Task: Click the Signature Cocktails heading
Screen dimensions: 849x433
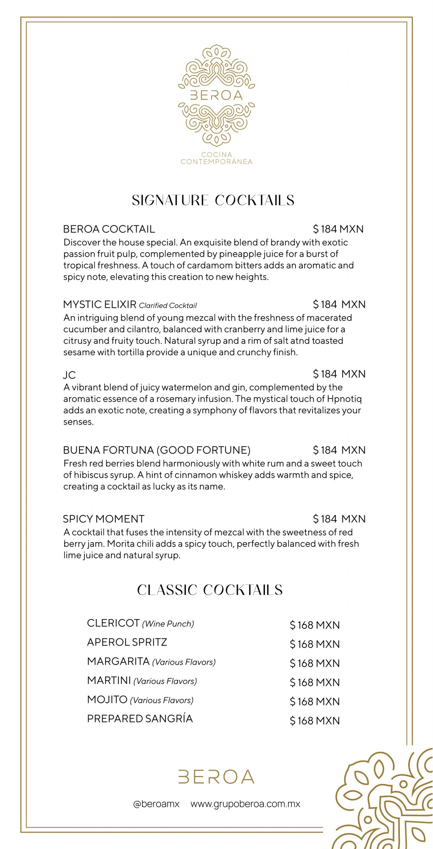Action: [213, 200]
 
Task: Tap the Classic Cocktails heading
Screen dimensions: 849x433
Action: [210, 590]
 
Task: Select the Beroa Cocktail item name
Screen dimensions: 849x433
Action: [109, 229]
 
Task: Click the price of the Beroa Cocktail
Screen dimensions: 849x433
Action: [338, 229]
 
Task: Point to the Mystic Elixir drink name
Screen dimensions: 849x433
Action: [100, 304]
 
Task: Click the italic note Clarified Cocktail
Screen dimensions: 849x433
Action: [168, 305]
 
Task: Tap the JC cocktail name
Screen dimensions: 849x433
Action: [70, 375]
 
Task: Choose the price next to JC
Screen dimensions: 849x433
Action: [339, 374]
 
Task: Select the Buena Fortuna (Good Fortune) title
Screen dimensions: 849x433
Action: [157, 450]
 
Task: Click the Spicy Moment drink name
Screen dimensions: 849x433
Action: [104, 519]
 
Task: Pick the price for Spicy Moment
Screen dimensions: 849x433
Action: [339, 519]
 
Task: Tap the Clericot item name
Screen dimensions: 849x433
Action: [113, 623]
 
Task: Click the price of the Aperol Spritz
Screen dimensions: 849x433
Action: [315, 644]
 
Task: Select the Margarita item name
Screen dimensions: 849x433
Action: [118, 661]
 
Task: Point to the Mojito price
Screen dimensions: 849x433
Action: [315, 701]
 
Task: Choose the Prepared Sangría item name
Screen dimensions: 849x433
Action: [140, 719]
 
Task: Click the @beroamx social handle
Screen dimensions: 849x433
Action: [156, 804]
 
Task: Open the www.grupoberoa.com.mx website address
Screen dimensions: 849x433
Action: [245, 804]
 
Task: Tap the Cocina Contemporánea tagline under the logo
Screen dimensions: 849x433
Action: [216, 158]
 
